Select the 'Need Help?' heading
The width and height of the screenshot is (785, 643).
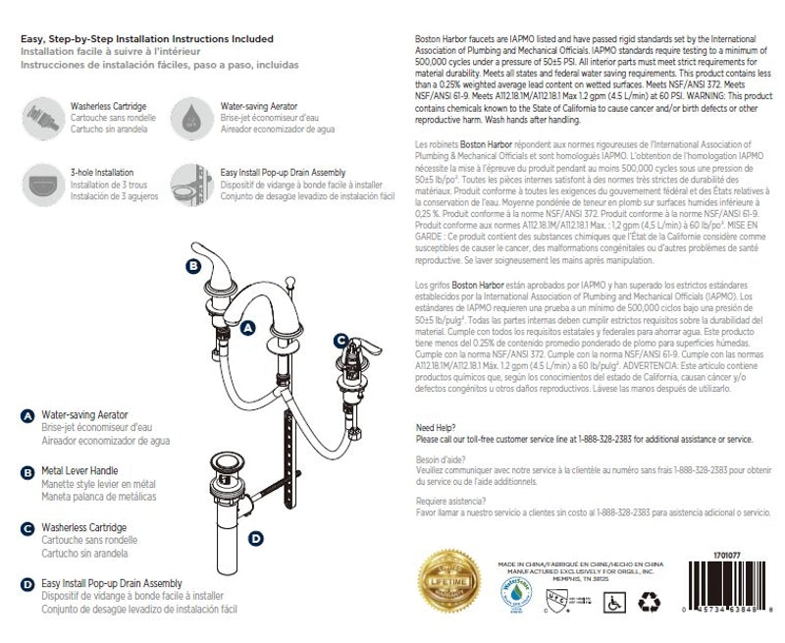click(438, 428)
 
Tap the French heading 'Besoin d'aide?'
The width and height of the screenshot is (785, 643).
click(442, 459)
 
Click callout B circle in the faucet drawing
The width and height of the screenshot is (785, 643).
click(194, 265)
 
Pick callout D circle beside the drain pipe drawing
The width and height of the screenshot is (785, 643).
click(255, 538)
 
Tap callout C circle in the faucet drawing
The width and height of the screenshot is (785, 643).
click(340, 341)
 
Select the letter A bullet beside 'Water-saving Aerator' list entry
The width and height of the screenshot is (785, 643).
click(27, 415)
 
